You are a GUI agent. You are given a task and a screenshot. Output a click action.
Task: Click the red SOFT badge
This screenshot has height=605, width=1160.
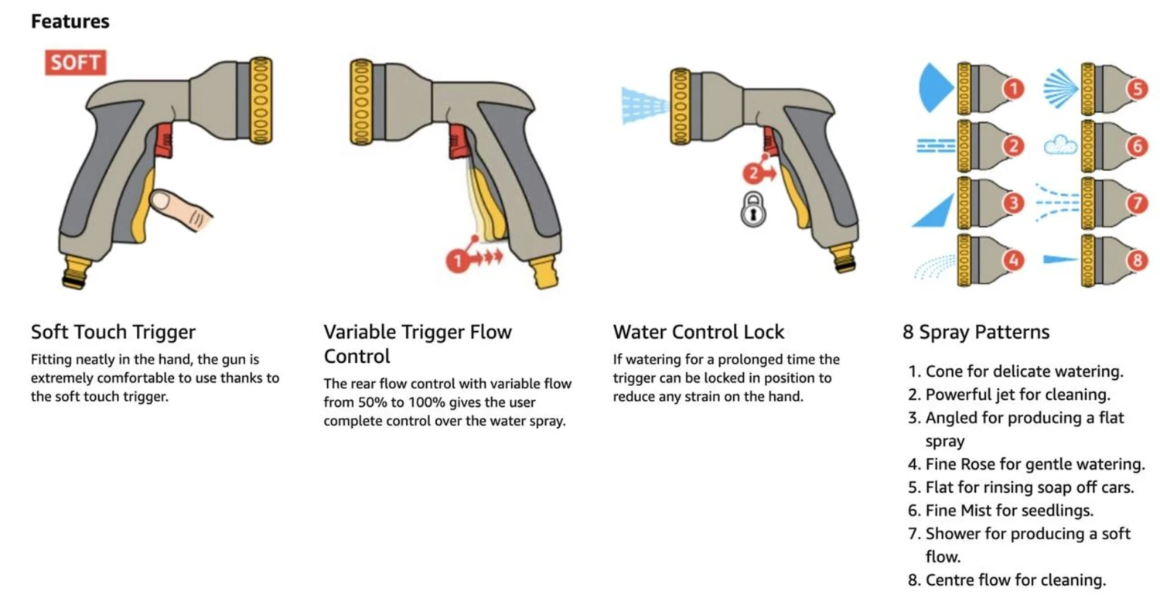tap(76, 63)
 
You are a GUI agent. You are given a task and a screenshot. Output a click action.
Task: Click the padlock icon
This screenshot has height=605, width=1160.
tap(753, 210)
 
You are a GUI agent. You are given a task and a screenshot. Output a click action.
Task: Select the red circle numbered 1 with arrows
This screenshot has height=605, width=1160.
tap(458, 261)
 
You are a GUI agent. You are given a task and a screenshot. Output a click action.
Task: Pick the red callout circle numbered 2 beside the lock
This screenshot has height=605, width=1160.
tap(753, 173)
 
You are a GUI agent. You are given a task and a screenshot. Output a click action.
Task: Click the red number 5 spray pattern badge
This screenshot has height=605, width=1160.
tap(1137, 89)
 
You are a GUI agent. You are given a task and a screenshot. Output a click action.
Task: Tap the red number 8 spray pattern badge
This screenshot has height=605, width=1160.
tap(1137, 259)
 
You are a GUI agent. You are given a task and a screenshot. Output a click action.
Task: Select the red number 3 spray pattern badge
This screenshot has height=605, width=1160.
tap(1013, 203)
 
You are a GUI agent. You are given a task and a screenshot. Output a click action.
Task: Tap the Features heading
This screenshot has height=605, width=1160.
tap(70, 21)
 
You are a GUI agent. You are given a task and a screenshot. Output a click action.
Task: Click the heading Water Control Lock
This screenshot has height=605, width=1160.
tap(698, 331)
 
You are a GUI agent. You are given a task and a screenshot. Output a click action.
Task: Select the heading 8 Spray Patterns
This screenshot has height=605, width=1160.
tap(976, 331)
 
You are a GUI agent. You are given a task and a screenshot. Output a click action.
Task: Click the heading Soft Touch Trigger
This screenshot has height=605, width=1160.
tap(114, 331)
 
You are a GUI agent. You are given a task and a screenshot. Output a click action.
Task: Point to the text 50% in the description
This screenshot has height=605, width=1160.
tap(370, 402)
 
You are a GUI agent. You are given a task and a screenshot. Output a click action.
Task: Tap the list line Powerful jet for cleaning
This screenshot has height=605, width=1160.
tap(1018, 395)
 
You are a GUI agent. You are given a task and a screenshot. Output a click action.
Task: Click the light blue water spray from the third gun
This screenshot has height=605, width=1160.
tap(645, 106)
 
